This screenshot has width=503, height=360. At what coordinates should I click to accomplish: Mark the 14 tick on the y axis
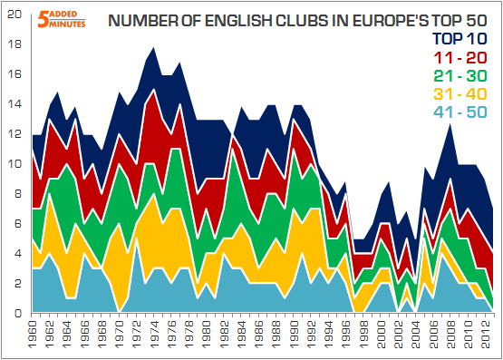(12, 104)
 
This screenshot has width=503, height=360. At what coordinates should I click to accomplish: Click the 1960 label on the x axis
(34, 336)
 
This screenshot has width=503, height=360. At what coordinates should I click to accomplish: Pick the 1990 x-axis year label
(286, 336)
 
